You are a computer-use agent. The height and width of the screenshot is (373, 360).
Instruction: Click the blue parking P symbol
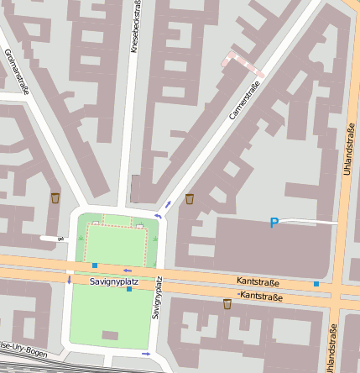pyautogui.click(x=274, y=223)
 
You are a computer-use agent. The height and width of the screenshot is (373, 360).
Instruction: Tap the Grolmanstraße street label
pyautogui.click(x=16, y=71)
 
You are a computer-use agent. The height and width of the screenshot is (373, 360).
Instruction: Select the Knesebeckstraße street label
pyautogui.click(x=136, y=27)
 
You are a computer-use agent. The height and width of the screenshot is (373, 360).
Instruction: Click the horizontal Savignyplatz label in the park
pyautogui.click(x=114, y=281)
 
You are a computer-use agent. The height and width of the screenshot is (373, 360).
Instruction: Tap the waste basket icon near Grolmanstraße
pyautogui.click(x=55, y=198)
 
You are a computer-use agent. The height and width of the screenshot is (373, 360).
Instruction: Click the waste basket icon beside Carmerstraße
pyautogui.click(x=190, y=199)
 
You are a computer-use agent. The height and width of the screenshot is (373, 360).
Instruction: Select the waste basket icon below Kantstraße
pyautogui.click(x=227, y=303)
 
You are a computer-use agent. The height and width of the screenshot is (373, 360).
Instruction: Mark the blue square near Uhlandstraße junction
pyautogui.click(x=316, y=285)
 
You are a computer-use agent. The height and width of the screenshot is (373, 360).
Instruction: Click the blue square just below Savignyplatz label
pyautogui.click(x=129, y=289)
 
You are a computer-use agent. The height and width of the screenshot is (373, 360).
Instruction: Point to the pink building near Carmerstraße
pyautogui.click(x=242, y=64)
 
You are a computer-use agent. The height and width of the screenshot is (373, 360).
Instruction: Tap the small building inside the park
pyautogui.click(x=110, y=334)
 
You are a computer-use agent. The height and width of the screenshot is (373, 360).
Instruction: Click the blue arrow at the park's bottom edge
pyautogui.click(x=148, y=354)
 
